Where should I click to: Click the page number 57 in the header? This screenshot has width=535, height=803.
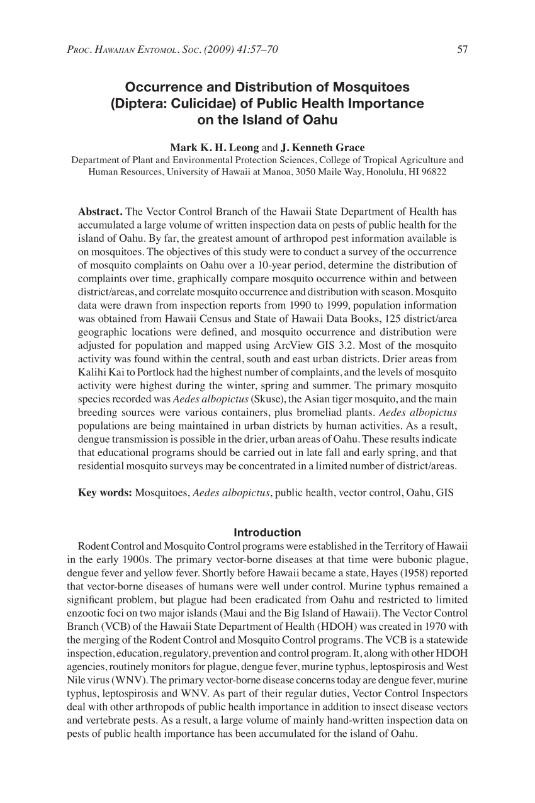(462, 50)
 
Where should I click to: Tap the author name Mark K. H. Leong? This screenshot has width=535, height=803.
(215, 148)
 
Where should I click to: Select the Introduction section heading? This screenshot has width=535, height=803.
(267, 532)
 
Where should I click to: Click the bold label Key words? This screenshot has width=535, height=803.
(104, 492)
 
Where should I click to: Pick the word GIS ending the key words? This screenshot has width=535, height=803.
(444, 492)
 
